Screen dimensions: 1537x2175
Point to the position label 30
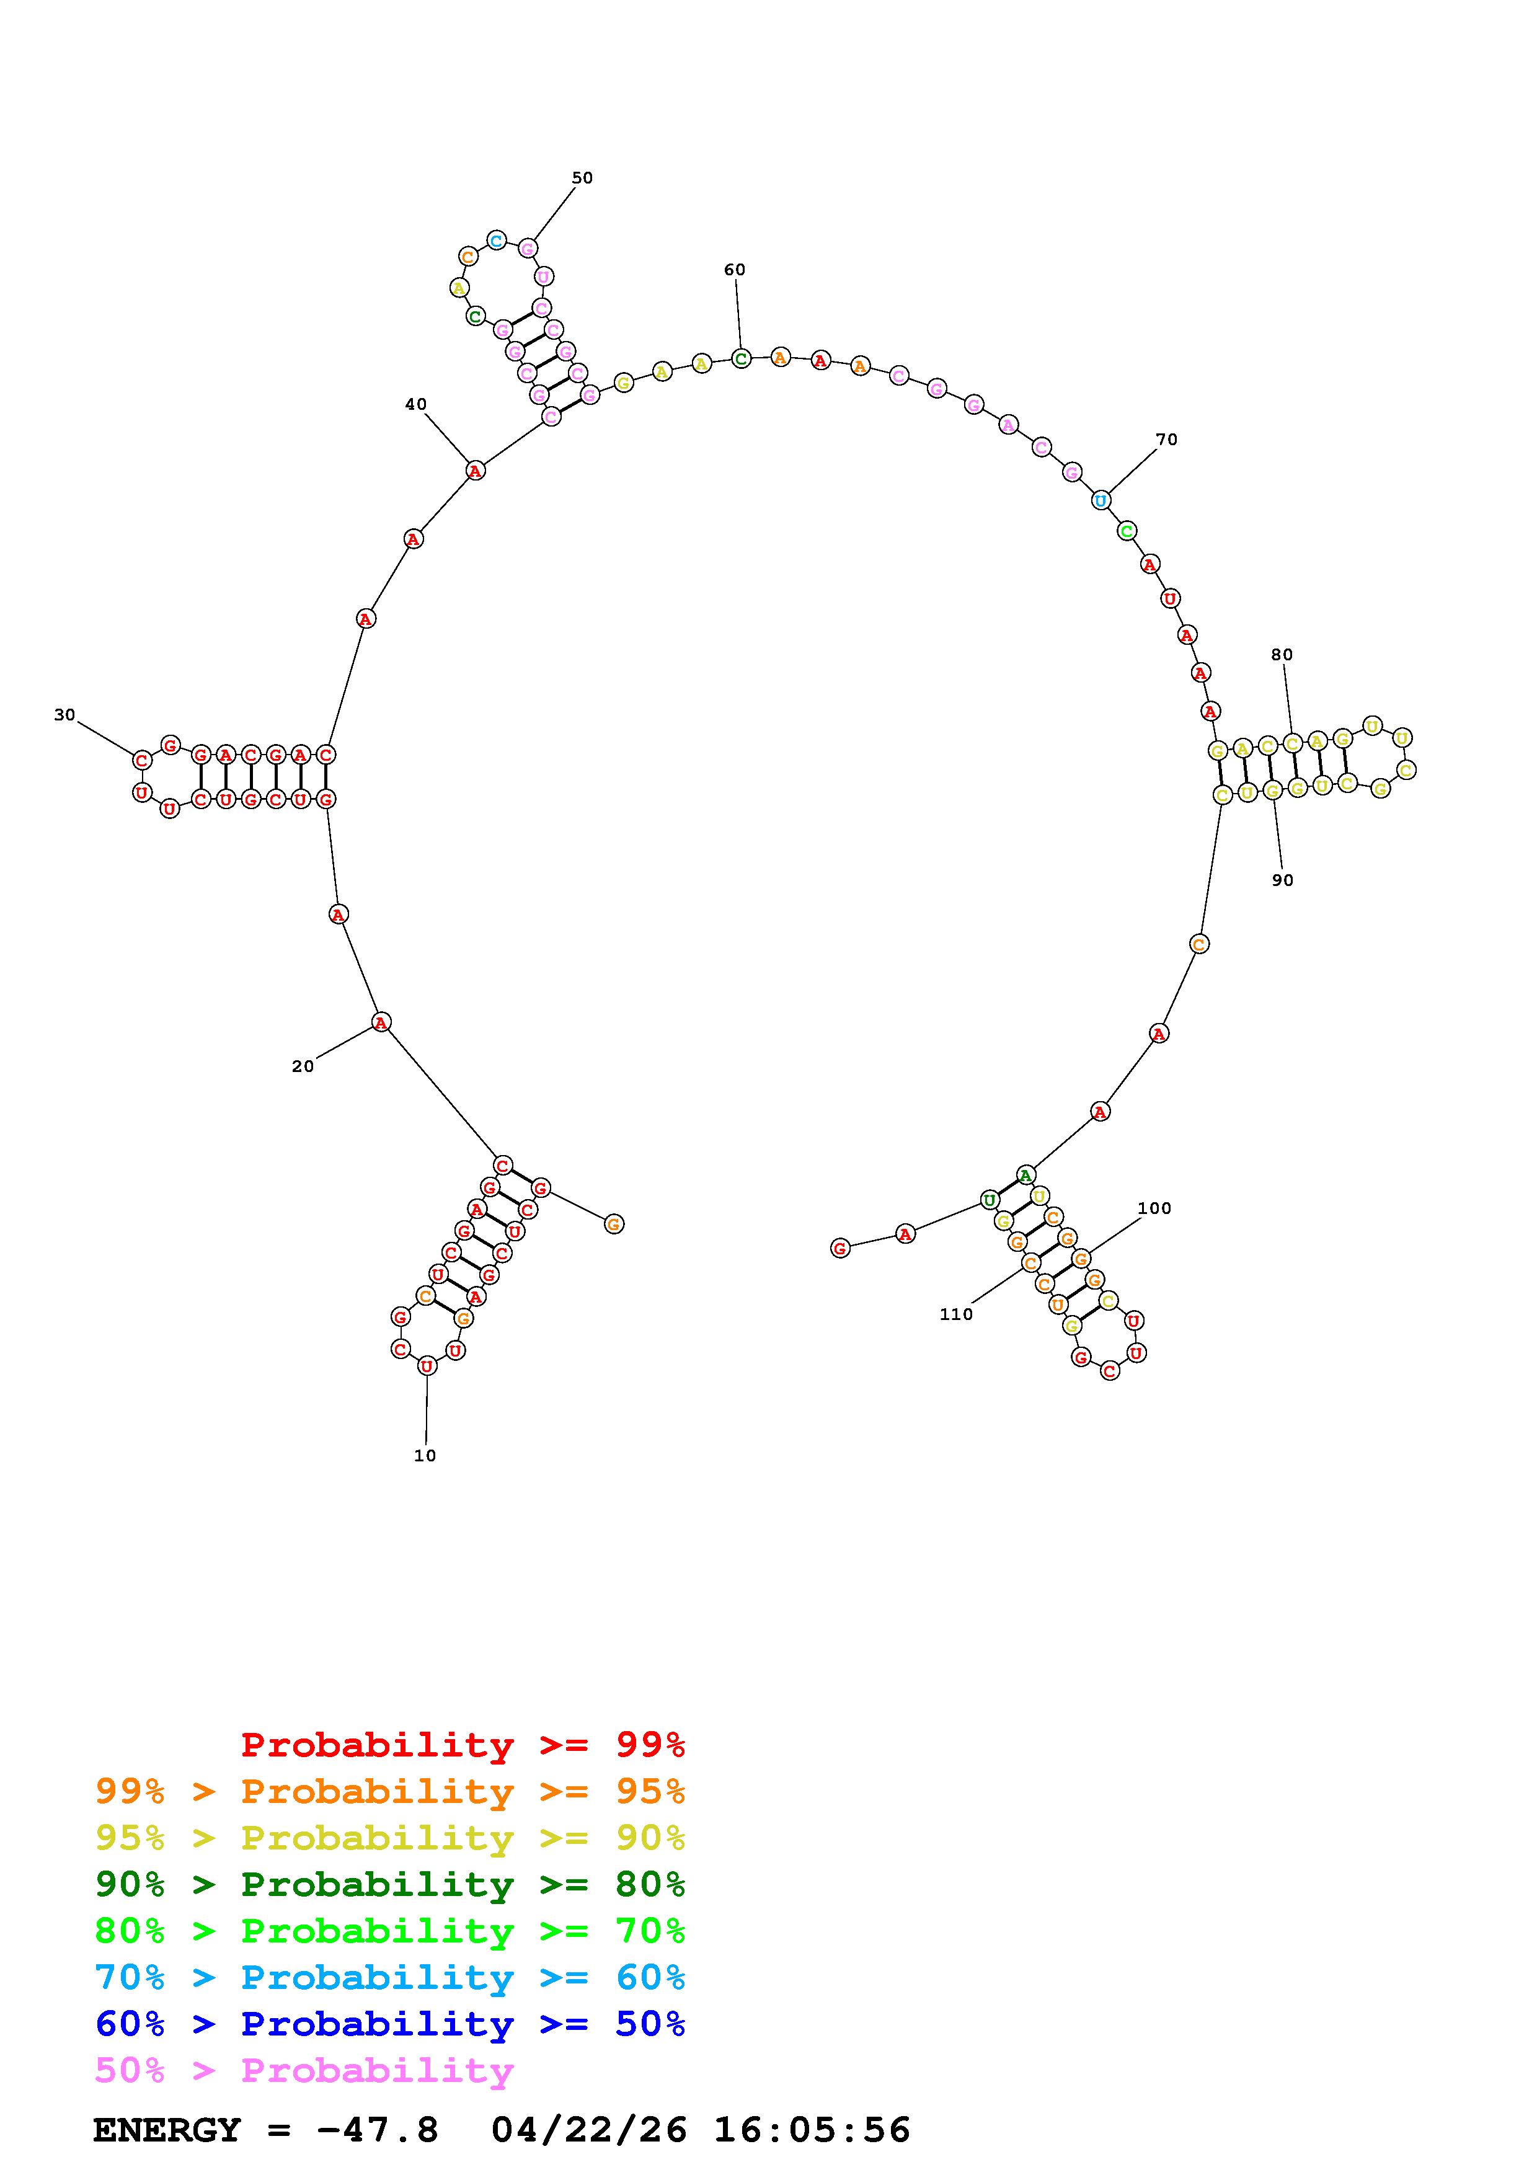64,715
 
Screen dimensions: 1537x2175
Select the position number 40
416,404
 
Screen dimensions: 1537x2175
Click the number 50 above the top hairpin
582,178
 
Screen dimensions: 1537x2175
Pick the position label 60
734,270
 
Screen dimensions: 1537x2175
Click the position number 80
1282,655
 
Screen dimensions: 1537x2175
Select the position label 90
1282,880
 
